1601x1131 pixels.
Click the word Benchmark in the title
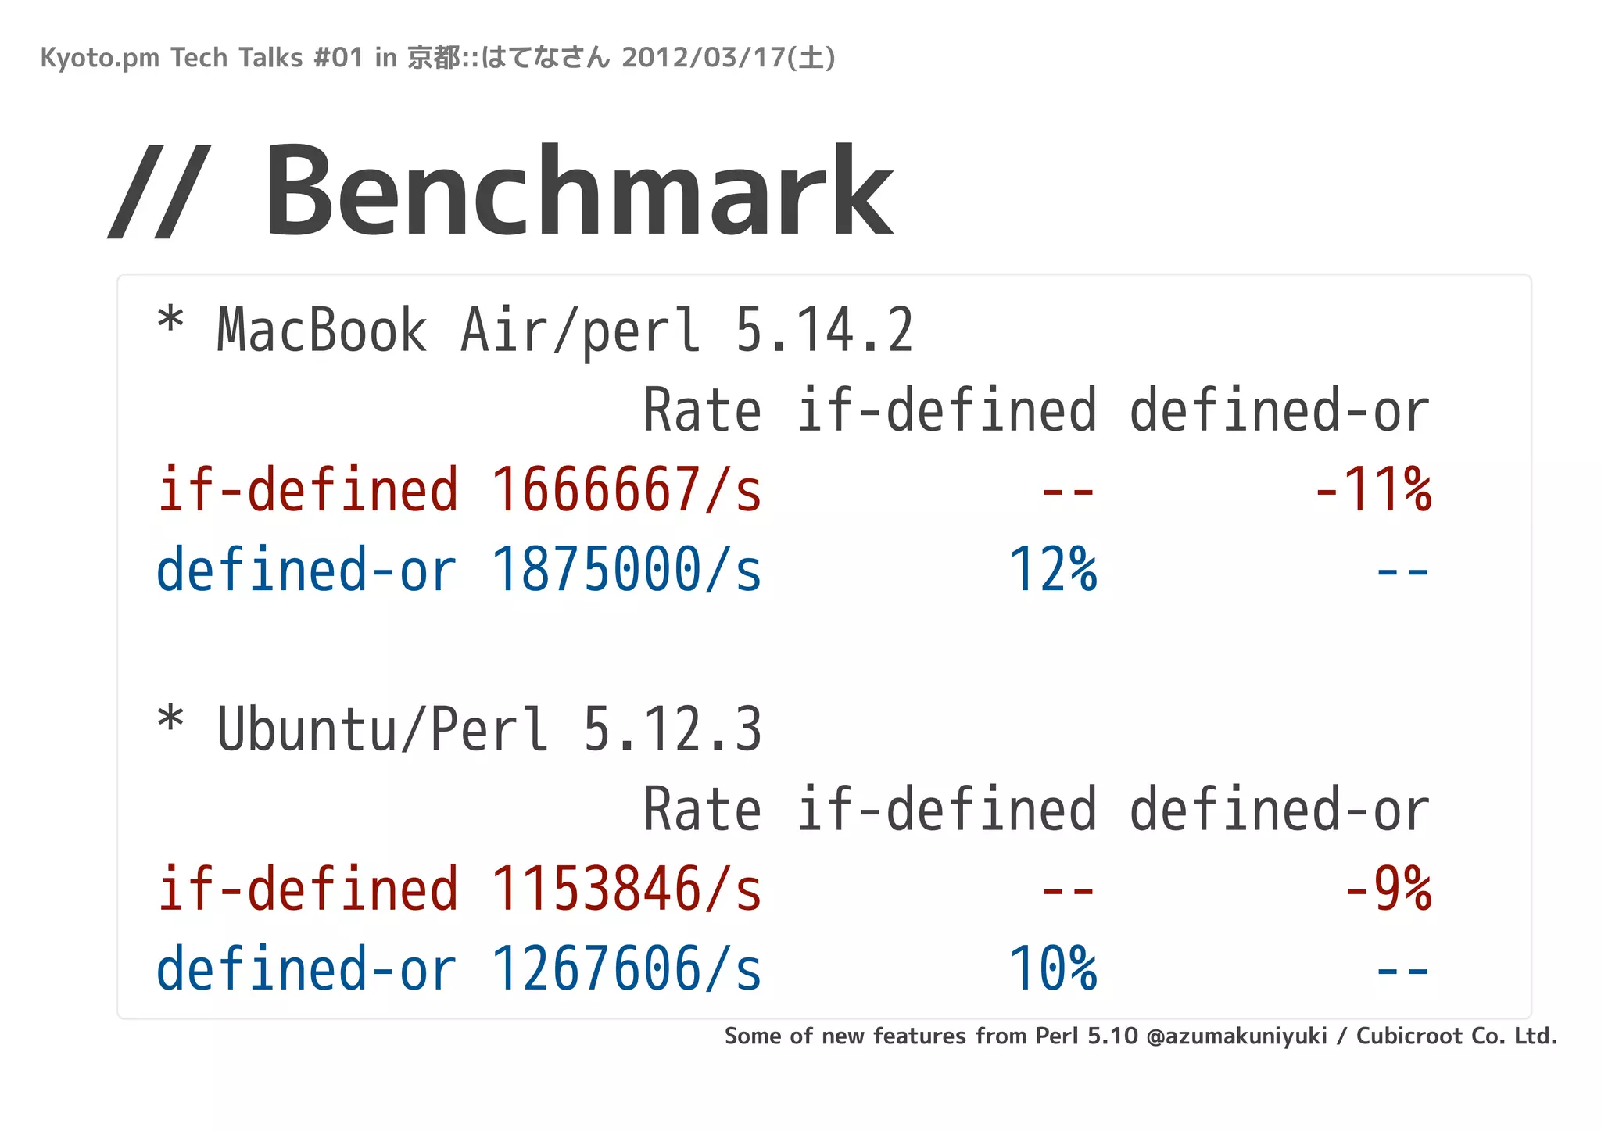(578, 191)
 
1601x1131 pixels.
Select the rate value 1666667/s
(625, 490)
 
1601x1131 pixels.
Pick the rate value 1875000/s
(625, 570)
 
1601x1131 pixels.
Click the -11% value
(1374, 490)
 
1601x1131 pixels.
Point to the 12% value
(1053, 570)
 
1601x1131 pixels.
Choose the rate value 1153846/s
(625, 889)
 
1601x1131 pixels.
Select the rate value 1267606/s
(625, 969)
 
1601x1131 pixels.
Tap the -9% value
(1388, 889)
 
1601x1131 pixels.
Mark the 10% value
(1053, 969)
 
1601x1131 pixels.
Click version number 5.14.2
(824, 331)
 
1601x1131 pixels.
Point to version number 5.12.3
(672, 729)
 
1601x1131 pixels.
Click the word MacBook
(321, 331)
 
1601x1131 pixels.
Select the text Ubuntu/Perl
(382, 729)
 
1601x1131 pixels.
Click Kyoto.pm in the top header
(99, 59)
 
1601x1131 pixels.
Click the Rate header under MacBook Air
(701, 411)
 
